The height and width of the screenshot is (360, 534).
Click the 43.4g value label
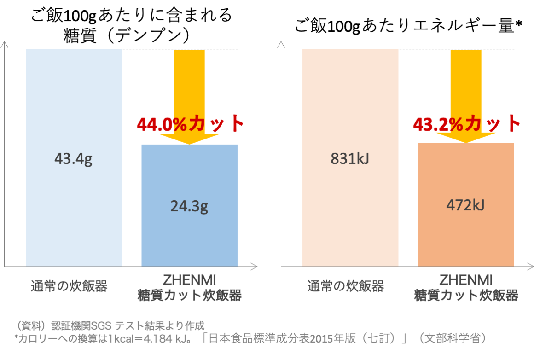coord(73,159)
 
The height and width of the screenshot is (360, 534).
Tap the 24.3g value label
coord(189,206)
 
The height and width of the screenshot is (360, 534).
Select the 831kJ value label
coord(350,159)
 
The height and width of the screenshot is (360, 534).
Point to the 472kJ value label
coord(465,205)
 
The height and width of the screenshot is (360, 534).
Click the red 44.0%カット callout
coord(190,123)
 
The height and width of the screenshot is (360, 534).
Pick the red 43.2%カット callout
coord(466,123)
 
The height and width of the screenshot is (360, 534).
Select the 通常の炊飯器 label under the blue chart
coord(69,286)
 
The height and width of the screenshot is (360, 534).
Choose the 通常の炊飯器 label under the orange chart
coord(346,286)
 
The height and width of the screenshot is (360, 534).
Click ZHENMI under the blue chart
coord(190,280)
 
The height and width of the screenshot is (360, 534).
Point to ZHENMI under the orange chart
coord(466,280)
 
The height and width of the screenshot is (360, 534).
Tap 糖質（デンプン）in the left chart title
coord(127,35)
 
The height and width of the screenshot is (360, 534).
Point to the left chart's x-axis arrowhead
coord(254,266)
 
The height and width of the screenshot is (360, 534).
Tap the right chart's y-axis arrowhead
coord(281,44)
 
